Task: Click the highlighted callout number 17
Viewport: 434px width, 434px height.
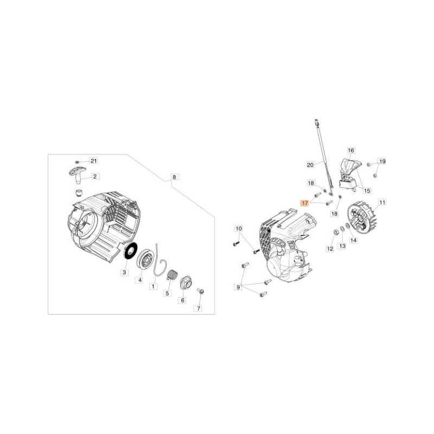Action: point(305,203)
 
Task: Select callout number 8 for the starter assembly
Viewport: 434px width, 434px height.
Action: point(174,177)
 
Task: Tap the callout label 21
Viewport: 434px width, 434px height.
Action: point(93,161)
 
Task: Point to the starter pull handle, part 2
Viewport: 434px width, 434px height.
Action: point(77,175)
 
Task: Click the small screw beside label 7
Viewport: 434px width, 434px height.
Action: point(200,292)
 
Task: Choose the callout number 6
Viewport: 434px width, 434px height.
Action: point(182,300)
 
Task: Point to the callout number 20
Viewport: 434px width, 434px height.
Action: point(310,164)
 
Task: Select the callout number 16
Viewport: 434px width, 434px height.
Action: point(350,150)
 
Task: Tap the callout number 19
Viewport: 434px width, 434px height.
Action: point(382,162)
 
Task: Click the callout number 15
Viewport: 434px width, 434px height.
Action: point(367,190)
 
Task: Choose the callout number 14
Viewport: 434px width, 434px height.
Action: point(354,239)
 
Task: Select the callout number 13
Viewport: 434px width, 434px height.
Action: point(342,246)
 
